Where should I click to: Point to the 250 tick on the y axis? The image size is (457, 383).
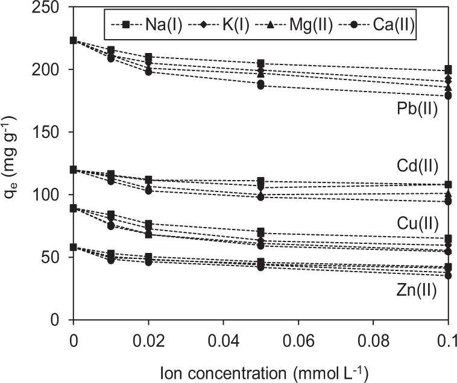coord(52,7)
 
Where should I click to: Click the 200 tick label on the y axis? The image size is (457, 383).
coord(52,70)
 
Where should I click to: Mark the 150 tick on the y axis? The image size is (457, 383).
coord(52,132)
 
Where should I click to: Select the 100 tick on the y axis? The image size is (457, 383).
coord(52,195)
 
